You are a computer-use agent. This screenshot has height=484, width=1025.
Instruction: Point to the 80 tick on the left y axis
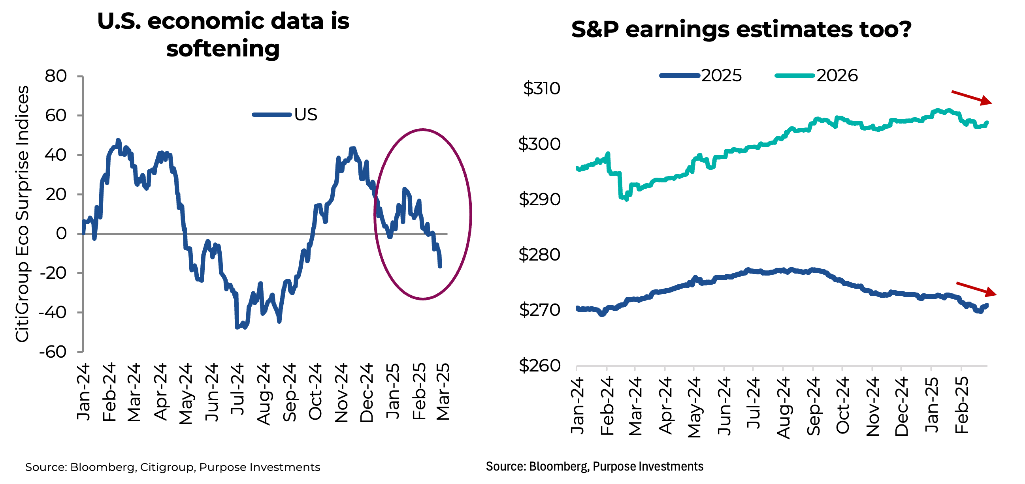(56, 76)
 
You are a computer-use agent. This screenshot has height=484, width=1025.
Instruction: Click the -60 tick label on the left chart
(53, 352)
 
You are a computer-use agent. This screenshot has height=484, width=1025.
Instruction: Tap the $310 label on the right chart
(541, 88)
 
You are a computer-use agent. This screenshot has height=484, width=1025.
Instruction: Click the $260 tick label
(539, 366)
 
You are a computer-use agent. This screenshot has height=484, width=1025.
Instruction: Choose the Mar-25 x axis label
(443, 391)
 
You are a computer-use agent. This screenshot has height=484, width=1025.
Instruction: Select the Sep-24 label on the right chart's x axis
(813, 406)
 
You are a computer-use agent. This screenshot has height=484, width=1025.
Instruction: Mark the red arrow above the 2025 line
(976, 289)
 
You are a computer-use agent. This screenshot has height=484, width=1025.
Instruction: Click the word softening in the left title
(223, 49)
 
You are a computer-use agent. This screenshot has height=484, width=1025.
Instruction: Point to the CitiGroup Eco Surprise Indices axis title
(22, 214)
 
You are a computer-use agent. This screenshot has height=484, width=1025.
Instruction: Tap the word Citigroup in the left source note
(167, 467)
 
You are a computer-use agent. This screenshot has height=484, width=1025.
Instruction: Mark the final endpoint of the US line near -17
(440, 266)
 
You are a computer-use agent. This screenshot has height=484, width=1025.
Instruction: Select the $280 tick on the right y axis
(539, 255)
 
